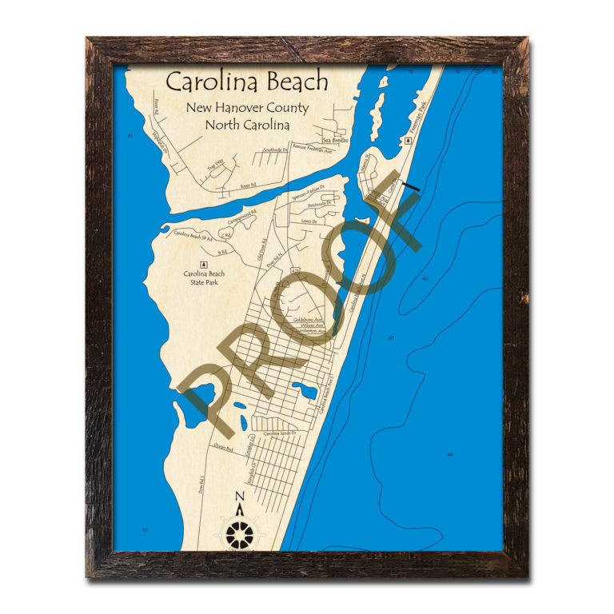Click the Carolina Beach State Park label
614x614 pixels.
[x=204, y=278]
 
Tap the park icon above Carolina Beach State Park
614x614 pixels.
[x=203, y=262]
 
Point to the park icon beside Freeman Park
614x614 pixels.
[x=409, y=139]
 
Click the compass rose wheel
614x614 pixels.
[x=238, y=533]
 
